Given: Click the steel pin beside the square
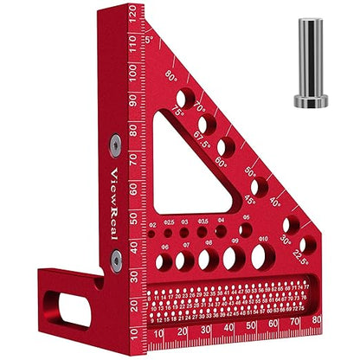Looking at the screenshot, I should coord(310,62).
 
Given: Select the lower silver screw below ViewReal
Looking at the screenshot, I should coord(116,266).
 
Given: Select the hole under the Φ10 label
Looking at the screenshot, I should coord(263,256).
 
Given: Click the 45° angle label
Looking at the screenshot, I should coord(249,201).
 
